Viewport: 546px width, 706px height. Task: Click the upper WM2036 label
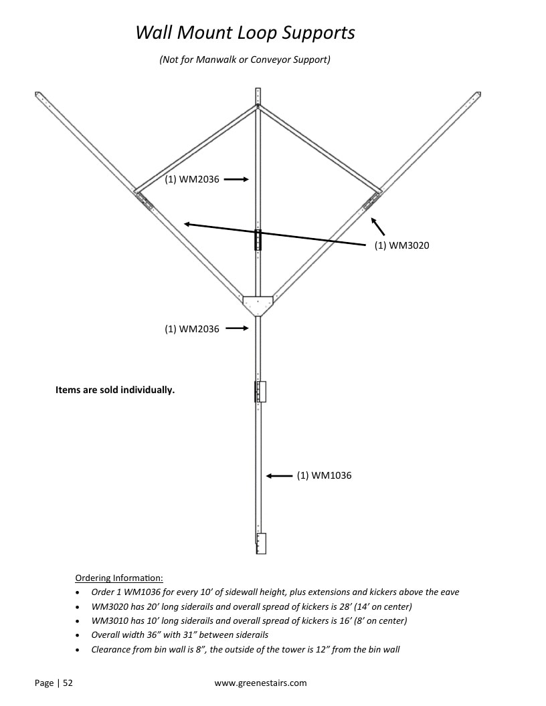[192, 179]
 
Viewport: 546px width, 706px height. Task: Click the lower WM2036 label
[192, 329]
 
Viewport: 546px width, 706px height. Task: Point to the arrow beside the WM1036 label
[279, 475]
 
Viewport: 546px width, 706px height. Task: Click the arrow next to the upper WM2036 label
[236, 179]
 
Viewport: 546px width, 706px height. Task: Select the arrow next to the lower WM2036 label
[237, 328]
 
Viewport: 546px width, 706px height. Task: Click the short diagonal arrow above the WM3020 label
[378, 226]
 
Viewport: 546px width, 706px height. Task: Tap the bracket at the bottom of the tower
[261, 544]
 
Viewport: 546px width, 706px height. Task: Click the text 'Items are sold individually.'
[115, 390]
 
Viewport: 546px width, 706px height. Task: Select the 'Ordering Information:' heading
[119, 578]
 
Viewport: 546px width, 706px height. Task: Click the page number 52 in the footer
[68, 683]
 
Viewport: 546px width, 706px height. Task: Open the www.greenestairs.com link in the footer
[260, 683]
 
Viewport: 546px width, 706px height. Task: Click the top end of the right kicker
[478, 94]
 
